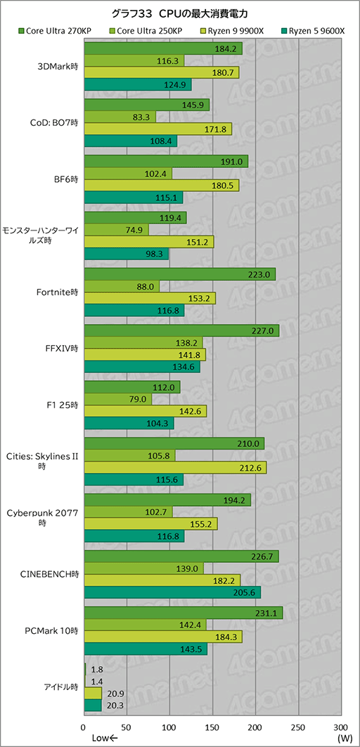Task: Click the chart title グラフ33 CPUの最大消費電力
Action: click(179, 13)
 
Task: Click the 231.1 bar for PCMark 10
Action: click(183, 613)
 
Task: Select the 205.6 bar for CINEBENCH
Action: click(172, 592)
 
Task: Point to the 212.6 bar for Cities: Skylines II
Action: click(175, 467)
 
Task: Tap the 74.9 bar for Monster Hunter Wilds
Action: click(116, 230)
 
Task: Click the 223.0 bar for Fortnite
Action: click(179, 273)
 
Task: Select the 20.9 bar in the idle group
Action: click(93, 693)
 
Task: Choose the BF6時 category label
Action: click(67, 180)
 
